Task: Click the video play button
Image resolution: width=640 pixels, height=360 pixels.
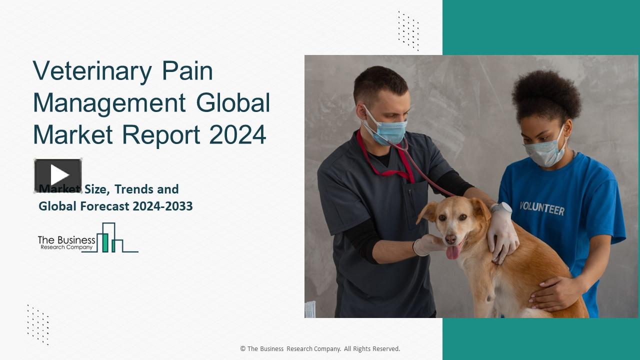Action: click(x=58, y=175)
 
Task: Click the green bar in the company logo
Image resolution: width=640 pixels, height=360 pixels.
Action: click(x=105, y=242)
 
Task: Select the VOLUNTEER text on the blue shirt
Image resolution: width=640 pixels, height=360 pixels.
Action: click(x=541, y=208)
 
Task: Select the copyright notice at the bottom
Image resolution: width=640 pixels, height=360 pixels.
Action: click(x=320, y=349)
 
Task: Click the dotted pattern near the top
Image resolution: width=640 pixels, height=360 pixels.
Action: click(x=408, y=30)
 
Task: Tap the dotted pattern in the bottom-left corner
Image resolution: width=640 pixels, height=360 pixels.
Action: click(x=38, y=324)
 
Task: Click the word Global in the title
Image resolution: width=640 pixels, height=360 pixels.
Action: click(x=232, y=102)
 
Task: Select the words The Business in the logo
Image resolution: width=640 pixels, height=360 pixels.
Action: click(x=66, y=240)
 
